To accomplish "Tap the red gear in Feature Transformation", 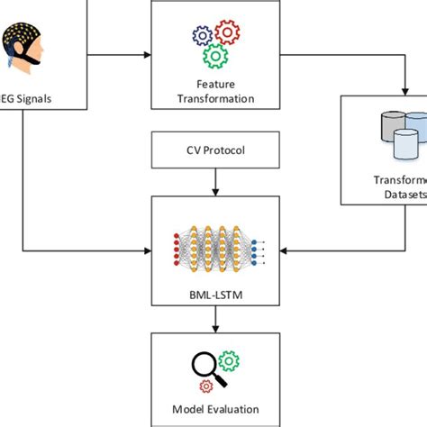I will click(228, 33).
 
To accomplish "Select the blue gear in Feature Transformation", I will click(202, 37).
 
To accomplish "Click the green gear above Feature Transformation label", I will click(214, 56).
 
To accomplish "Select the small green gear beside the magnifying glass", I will click(229, 361).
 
